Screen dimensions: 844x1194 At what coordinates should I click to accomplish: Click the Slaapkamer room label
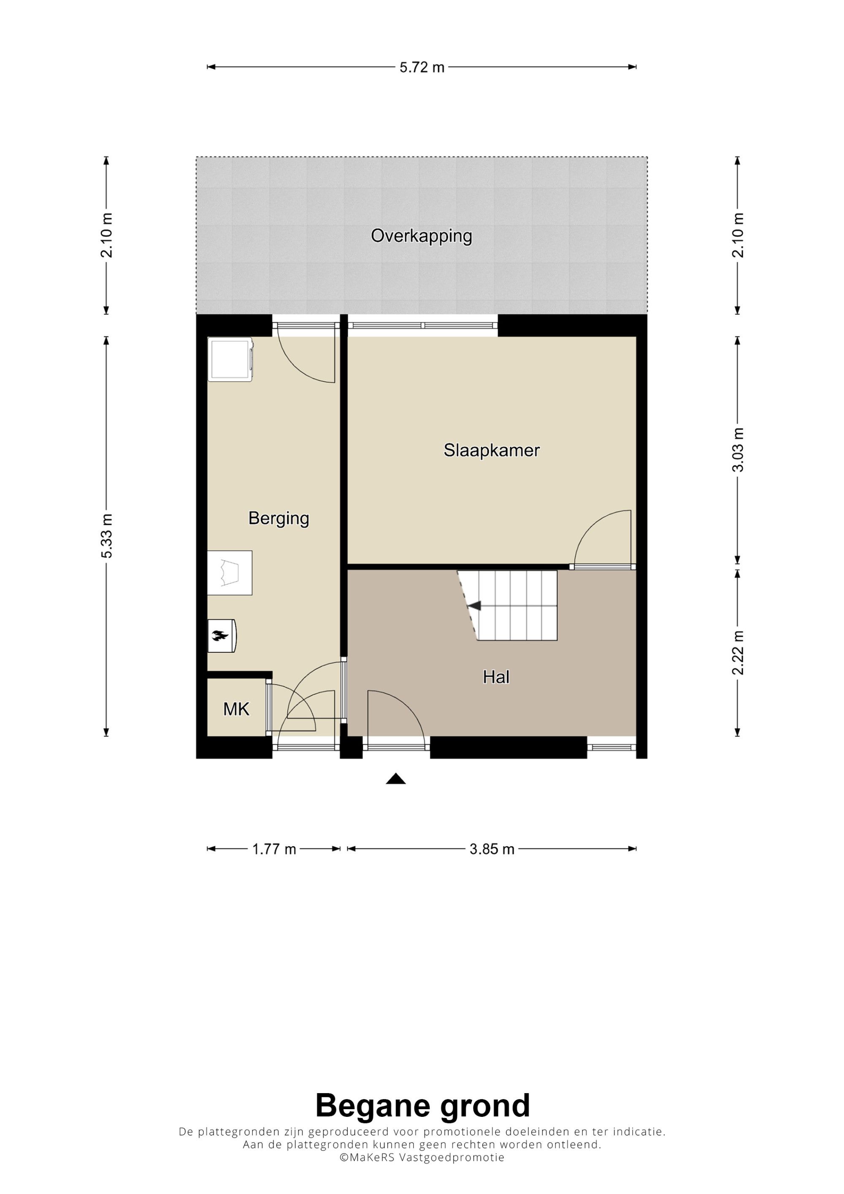(x=492, y=450)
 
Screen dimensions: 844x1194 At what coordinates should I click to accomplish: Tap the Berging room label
(x=279, y=519)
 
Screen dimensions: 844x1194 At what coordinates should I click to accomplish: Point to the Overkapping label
(x=421, y=237)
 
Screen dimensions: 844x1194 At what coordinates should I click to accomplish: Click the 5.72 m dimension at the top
(x=422, y=68)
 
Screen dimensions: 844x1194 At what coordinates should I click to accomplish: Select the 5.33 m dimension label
(x=107, y=536)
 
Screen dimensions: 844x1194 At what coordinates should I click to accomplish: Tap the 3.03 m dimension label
(x=738, y=450)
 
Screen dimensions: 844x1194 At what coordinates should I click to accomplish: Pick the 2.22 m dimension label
(x=738, y=653)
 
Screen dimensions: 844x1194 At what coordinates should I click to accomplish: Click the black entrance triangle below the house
(x=396, y=778)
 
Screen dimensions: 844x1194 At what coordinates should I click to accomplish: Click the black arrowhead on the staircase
(x=474, y=605)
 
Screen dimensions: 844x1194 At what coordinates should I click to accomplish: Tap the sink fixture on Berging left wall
(x=230, y=573)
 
